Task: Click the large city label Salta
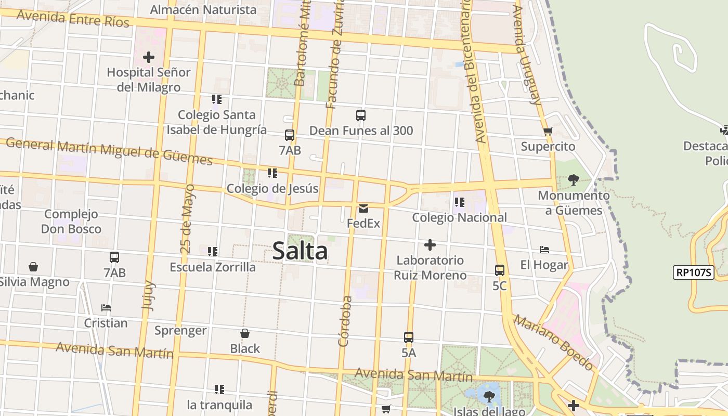[300, 251]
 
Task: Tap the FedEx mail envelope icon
[363, 209]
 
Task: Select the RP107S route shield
[694, 272]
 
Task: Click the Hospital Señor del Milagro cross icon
[149, 57]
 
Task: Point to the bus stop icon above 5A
[409, 337]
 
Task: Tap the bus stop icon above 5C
[500, 270]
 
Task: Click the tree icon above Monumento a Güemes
[574, 180]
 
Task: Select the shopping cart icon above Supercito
[548, 132]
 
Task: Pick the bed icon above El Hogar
[544, 250]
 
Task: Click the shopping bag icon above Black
[245, 333]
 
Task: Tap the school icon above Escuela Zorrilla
[213, 252]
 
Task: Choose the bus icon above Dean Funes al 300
[361, 115]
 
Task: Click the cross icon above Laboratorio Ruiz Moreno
[430, 245]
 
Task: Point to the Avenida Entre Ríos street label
[73, 18]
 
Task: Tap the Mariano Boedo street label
[553, 342]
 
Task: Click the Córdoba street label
[346, 321]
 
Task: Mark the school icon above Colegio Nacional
[459, 202]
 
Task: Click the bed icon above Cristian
[106, 308]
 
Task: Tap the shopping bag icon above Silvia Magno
[33, 267]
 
